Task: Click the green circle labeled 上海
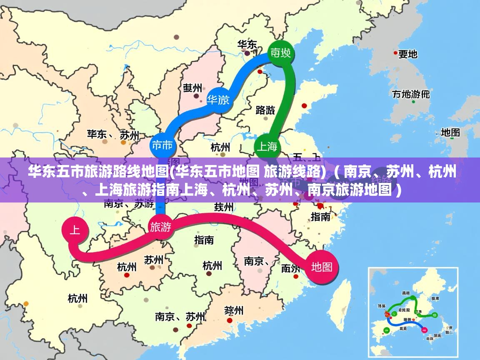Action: pos(267,146)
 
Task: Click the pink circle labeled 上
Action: pos(75,230)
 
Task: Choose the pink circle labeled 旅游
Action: pos(160,227)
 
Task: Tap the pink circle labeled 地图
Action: pos(321,267)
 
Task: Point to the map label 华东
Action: pos(247,45)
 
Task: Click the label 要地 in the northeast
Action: pos(407,54)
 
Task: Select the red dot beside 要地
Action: pos(395,53)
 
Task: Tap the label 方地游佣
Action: pos(411,94)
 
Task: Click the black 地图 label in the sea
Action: pos(450,132)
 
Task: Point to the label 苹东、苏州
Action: pos(112,135)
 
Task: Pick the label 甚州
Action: pos(192,88)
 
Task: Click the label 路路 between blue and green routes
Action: pos(265,110)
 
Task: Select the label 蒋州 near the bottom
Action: pos(233,310)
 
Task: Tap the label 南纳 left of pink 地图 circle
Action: pos(290,268)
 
